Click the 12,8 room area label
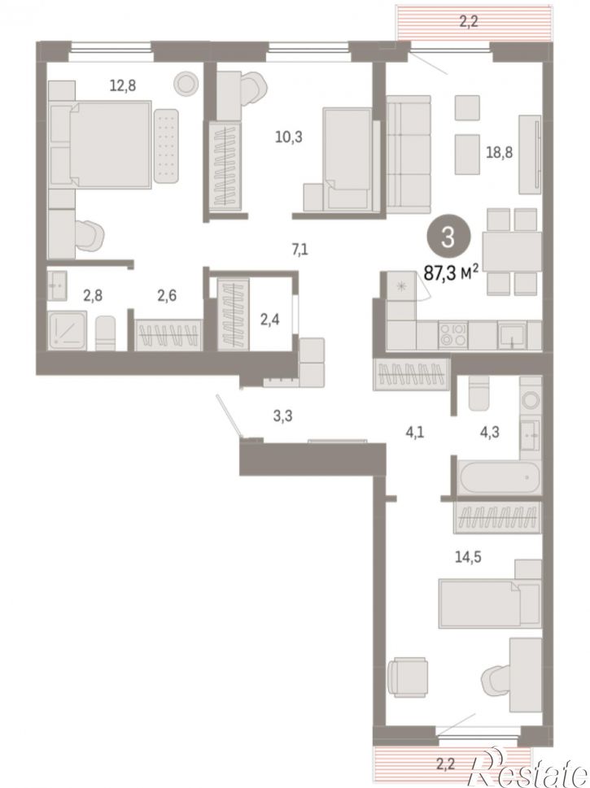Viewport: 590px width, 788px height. [x=123, y=86]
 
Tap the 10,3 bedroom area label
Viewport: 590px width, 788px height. [x=289, y=136]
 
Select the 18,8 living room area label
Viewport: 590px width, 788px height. [x=499, y=152]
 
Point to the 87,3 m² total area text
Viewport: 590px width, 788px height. [x=451, y=273]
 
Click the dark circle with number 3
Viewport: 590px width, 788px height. [x=448, y=237]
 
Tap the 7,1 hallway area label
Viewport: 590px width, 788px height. [x=299, y=249]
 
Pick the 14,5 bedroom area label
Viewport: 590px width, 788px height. [x=468, y=557]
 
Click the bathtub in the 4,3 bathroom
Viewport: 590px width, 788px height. [x=500, y=477]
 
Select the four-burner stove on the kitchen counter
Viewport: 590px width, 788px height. [x=452, y=335]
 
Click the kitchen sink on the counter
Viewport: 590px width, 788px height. [x=512, y=336]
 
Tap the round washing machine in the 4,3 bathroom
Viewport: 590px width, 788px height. [x=531, y=400]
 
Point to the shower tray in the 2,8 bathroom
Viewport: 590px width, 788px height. [x=68, y=330]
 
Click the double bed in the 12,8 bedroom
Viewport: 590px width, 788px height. [x=101, y=145]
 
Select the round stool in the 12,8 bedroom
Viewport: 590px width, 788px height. [x=186, y=83]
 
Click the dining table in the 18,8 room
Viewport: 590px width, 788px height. [x=512, y=251]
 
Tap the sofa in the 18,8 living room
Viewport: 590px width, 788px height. [x=409, y=155]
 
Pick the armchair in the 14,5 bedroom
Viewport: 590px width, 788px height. [x=409, y=677]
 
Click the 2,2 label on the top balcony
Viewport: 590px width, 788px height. [x=468, y=22]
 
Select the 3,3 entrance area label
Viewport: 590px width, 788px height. [x=282, y=416]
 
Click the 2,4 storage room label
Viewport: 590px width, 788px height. [x=269, y=319]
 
